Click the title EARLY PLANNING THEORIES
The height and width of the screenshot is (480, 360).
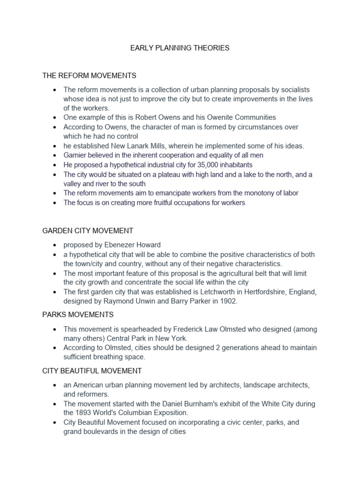pos(180,48)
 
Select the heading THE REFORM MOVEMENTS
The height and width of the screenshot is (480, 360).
pos(89,75)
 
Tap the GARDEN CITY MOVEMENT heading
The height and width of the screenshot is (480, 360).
pos(88,231)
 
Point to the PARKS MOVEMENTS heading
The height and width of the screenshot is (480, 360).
pos(78,315)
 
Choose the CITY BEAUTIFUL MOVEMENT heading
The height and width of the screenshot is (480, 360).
pos(92,371)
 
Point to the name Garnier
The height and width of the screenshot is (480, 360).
pos(75,155)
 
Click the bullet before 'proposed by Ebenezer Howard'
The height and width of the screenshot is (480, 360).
pos(55,245)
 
